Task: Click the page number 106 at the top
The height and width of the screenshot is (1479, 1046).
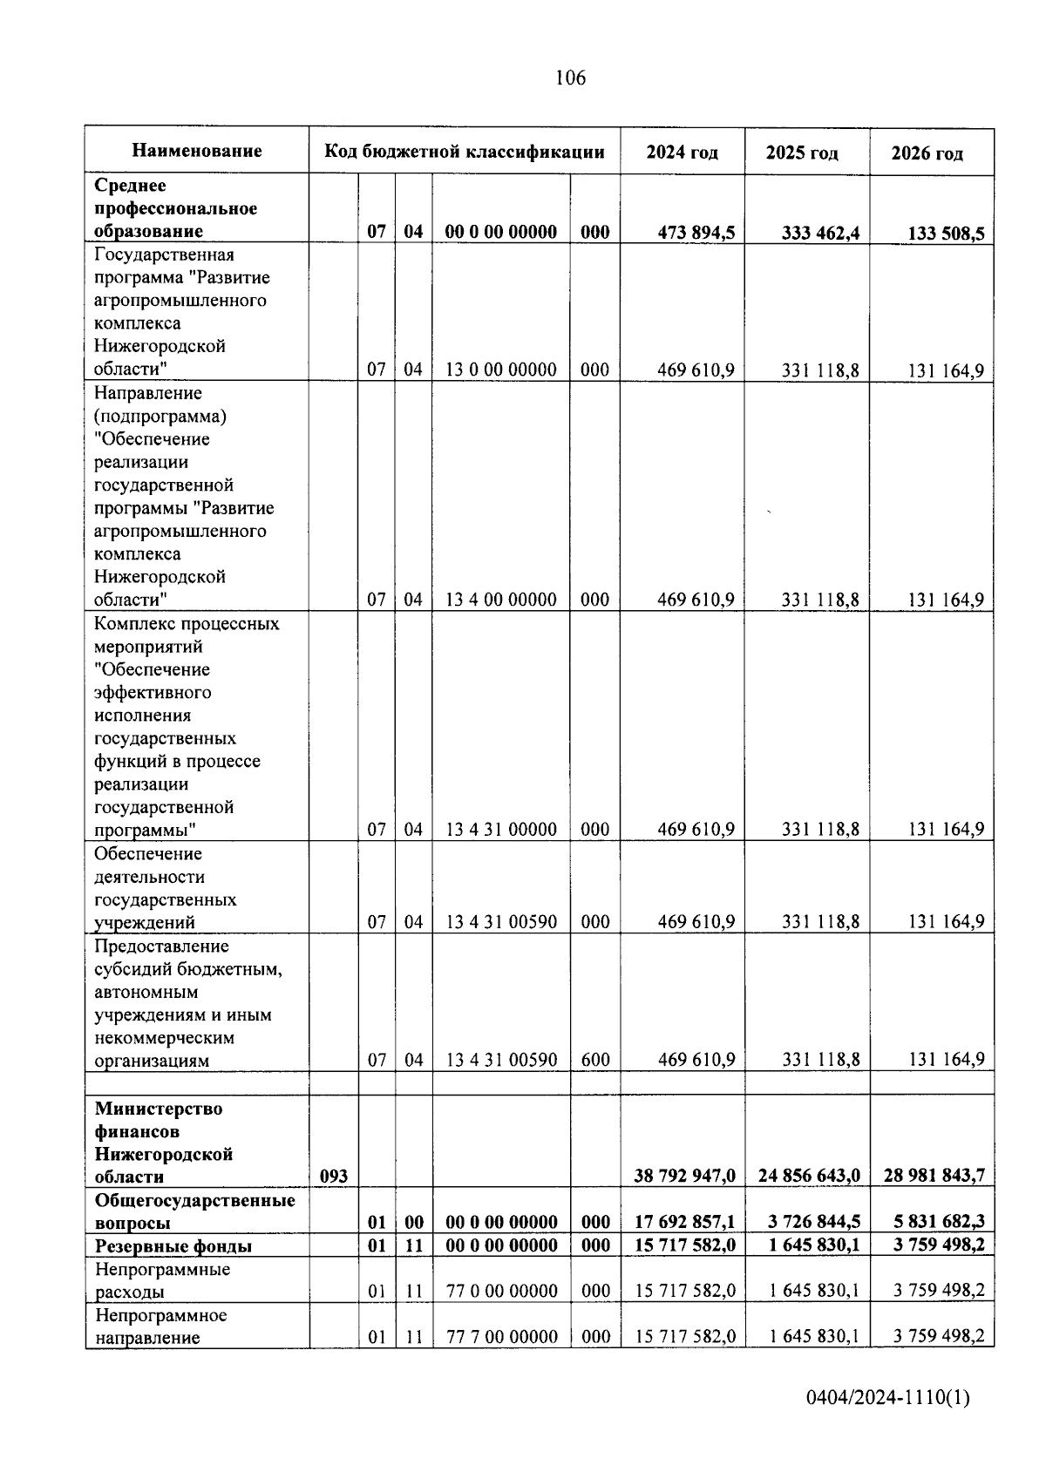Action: click(571, 78)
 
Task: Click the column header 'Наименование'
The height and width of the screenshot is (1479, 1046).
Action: click(197, 151)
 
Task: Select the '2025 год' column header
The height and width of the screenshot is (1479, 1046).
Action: click(802, 153)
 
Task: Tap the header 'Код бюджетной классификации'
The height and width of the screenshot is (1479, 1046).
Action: click(465, 152)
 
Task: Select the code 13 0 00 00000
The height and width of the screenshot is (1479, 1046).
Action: click(501, 370)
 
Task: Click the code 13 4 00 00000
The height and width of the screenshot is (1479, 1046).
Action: click(501, 600)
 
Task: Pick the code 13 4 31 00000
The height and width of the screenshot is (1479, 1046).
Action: click(501, 830)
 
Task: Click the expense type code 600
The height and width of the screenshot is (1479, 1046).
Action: click(595, 1060)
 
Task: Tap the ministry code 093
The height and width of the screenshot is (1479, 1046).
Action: click(334, 1177)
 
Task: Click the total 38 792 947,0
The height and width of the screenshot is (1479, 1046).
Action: click(684, 1176)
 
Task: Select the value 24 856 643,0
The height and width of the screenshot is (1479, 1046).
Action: click(809, 1176)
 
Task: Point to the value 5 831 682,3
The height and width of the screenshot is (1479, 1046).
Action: click(934, 1222)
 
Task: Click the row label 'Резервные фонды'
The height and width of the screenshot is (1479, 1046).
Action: click(173, 1246)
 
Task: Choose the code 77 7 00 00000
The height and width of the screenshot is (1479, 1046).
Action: click(501, 1337)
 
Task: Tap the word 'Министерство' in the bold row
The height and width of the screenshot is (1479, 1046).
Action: click(159, 1109)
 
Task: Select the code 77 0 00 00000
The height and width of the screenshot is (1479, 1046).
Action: click(501, 1291)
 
